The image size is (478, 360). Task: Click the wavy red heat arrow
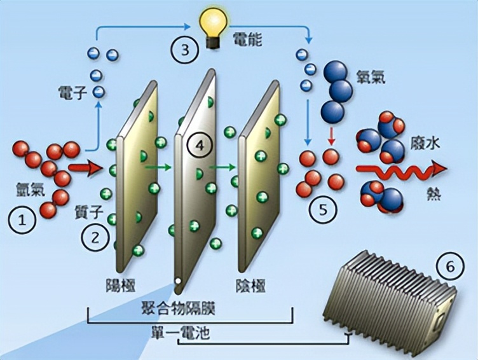[400, 169]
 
